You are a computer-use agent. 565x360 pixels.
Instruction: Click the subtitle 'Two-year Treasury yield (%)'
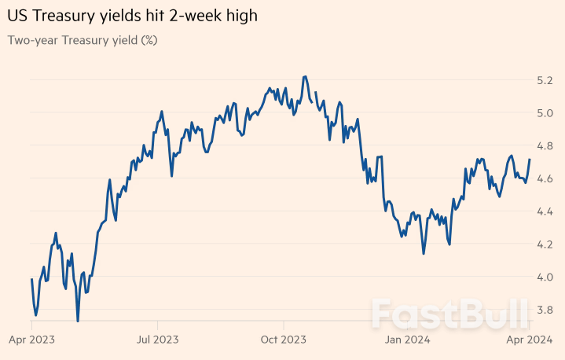83,40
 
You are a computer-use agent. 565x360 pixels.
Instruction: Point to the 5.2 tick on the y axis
545,80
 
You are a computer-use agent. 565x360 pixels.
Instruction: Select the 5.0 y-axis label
545,113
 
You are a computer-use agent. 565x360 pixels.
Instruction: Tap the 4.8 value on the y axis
545,146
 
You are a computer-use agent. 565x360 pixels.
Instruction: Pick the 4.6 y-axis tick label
545,179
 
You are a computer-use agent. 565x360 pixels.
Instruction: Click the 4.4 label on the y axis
545,211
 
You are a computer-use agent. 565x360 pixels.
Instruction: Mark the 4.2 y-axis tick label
545,244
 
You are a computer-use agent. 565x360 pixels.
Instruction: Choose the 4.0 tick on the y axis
545,277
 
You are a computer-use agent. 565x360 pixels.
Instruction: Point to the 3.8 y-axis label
545,310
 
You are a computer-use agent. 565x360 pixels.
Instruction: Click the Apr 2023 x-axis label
32,340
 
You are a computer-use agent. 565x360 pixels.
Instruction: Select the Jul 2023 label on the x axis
158,340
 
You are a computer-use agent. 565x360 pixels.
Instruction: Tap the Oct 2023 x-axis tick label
283,340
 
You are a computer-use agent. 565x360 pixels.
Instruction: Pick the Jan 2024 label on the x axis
408,340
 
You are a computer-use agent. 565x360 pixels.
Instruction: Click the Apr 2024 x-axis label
530,340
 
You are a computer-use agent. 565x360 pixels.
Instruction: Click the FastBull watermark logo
449,313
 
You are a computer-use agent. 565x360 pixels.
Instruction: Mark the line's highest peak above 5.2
304,76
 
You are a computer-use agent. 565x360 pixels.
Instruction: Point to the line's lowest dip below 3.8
78,321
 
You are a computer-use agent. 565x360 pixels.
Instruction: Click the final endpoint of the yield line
530,160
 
